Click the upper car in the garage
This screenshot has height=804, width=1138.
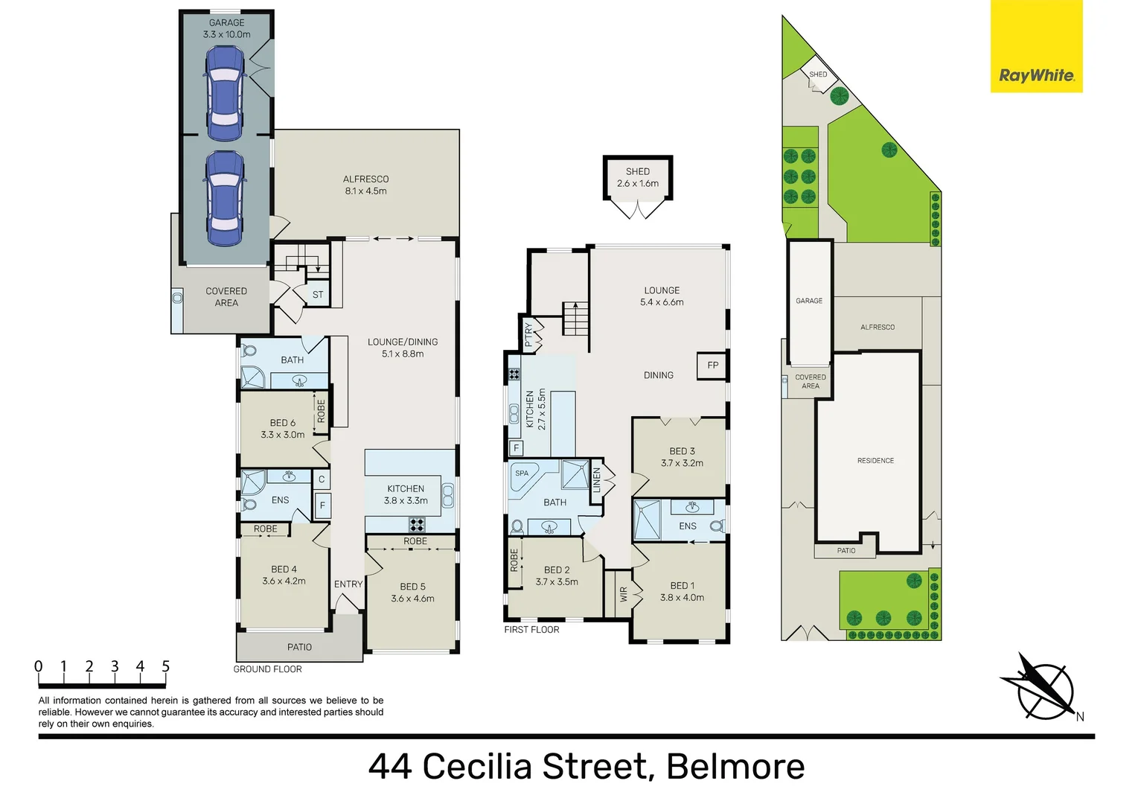[x=224, y=93]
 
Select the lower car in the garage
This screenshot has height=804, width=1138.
[x=224, y=198]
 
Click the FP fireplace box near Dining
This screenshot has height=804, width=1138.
[x=712, y=366]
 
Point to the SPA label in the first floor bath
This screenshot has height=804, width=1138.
[x=522, y=473]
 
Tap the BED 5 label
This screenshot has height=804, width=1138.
[x=412, y=587]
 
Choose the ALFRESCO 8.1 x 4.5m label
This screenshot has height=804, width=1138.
[x=365, y=185]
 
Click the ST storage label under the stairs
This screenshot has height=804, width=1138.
[x=318, y=295]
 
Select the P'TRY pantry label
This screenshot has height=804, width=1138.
[x=528, y=334]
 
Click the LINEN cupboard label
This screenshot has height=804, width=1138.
[x=596, y=481]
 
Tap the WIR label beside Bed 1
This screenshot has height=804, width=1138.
[x=624, y=593]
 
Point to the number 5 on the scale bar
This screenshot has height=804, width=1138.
[x=166, y=666]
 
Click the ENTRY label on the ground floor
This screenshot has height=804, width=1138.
[x=348, y=584]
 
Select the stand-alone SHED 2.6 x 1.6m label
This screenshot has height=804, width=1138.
[x=638, y=177]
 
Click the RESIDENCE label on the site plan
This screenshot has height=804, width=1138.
[x=875, y=461]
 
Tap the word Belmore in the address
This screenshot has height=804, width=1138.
[x=735, y=767]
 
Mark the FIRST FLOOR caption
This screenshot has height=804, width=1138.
[x=531, y=630]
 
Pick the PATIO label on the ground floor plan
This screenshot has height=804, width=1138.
[x=299, y=647]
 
